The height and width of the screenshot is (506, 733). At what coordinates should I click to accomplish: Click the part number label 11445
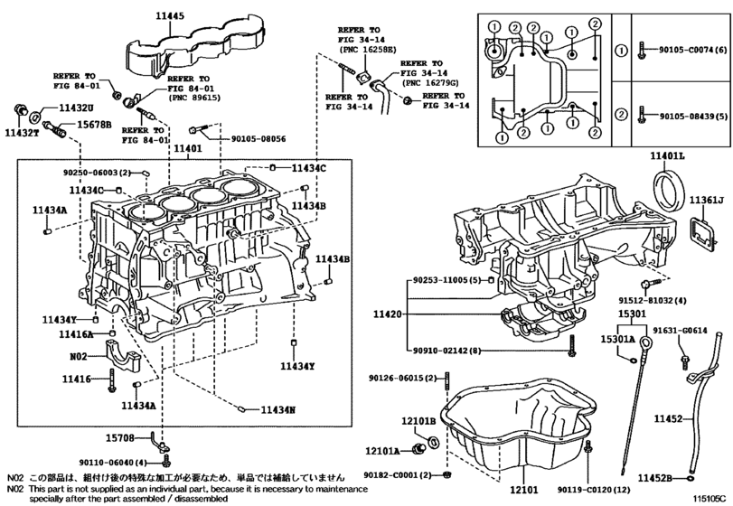click(170, 16)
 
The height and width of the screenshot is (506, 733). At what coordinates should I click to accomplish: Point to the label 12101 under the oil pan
click(523, 490)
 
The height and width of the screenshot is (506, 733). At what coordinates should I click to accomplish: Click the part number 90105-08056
click(258, 139)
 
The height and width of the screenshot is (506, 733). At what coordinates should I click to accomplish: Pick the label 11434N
click(277, 409)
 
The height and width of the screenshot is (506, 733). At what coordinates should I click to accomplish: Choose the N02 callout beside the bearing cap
click(79, 357)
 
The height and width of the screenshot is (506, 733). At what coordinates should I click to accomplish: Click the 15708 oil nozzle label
click(119, 438)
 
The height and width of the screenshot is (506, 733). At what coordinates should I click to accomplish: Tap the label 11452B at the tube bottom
click(655, 478)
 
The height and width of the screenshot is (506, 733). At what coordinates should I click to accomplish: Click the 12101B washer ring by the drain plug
click(433, 441)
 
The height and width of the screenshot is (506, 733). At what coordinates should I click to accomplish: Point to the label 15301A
click(617, 339)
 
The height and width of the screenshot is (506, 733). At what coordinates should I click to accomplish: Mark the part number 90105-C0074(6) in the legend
click(693, 50)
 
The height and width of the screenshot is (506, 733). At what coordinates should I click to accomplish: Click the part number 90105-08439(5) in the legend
click(694, 116)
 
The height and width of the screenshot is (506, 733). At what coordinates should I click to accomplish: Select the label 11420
click(387, 314)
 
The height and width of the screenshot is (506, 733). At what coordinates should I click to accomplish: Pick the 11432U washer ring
click(35, 117)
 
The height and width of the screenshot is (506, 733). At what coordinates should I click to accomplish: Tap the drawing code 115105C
click(710, 499)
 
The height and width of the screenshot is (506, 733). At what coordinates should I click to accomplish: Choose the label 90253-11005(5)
click(446, 280)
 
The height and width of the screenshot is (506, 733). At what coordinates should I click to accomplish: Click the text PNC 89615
click(193, 98)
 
